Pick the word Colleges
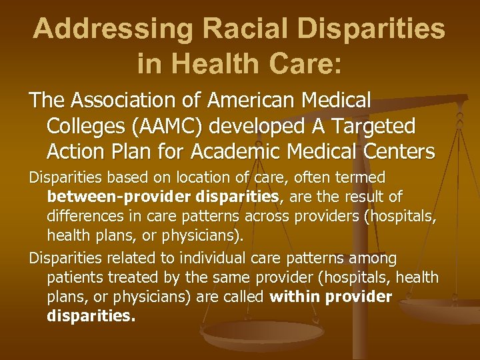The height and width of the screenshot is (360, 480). (x=79, y=126)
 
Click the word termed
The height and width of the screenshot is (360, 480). (x=363, y=178)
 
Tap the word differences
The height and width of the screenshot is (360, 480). (x=85, y=216)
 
